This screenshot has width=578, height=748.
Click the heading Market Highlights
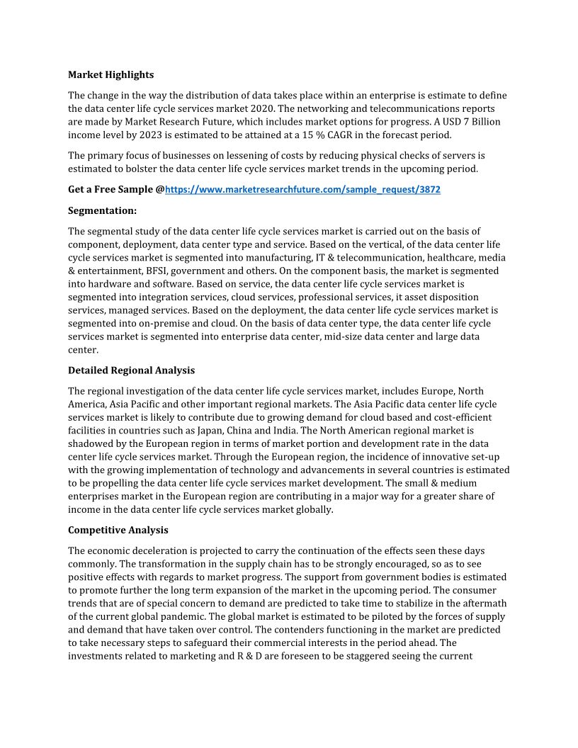tap(110, 74)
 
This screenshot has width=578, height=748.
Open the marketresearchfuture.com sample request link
tap(302, 190)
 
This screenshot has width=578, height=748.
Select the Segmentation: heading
tap(102, 210)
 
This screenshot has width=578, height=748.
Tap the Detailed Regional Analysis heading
tap(131, 370)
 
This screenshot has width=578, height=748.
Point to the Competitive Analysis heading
tap(118, 530)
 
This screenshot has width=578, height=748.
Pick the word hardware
tap(107, 284)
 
